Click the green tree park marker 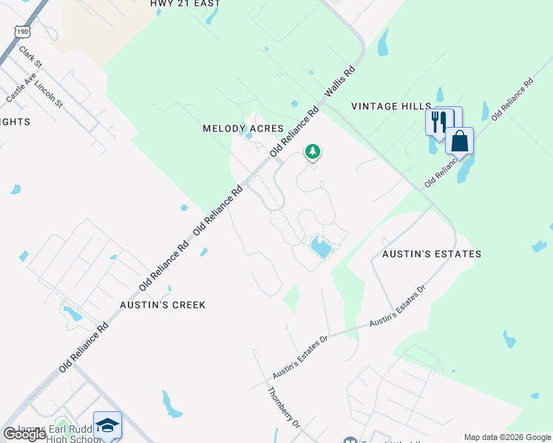pos(313,152)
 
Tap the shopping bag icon pos(459,140)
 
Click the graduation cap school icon pos(107,425)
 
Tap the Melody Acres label pos(243,128)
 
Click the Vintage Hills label pos(390,106)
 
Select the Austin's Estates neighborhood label pos(432,254)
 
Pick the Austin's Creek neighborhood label pos(163,304)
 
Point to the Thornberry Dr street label pos(284,408)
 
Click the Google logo pos(24,434)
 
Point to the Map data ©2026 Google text pos(507,437)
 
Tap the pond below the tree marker pos(321,246)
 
